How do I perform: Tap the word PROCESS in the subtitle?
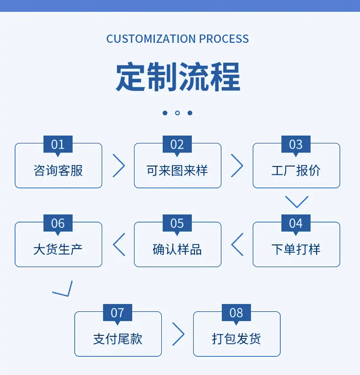(224, 39)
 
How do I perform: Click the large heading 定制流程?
(178, 76)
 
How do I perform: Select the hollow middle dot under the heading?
(177, 113)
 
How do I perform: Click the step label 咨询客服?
(58, 171)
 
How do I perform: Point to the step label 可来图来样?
(177, 171)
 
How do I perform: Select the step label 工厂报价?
(296, 171)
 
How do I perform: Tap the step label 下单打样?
(296, 249)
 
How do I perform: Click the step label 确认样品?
(177, 249)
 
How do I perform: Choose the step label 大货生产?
(58, 249)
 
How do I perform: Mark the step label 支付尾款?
(118, 339)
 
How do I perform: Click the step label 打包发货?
(237, 339)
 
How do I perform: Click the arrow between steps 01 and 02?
(124, 166)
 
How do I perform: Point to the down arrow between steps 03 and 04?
(297, 207)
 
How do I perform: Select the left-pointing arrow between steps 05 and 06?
(113, 244)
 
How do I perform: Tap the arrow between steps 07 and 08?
(184, 334)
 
